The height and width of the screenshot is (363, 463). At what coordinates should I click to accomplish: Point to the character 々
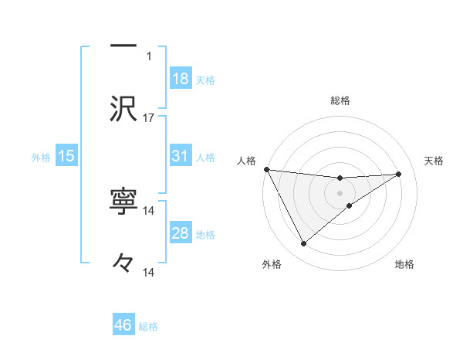[x=123, y=263]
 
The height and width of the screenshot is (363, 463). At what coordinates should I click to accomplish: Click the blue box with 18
[x=180, y=79]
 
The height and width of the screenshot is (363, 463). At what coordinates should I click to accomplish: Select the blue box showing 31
[x=180, y=157]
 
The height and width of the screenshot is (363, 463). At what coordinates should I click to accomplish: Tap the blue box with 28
[x=180, y=233]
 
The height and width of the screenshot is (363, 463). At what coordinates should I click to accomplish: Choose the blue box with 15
[x=66, y=157]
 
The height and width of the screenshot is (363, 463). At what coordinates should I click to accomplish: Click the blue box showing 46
[x=123, y=325]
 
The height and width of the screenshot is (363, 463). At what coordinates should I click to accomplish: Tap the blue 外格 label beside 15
[x=41, y=158]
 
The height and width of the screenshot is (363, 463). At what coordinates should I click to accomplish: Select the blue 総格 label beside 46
[x=148, y=327]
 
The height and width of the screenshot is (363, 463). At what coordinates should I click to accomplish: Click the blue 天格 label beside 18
[x=205, y=80]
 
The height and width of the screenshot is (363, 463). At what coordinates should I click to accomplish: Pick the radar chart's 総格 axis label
[x=340, y=100]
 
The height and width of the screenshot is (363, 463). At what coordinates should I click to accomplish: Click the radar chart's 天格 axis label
[x=434, y=161]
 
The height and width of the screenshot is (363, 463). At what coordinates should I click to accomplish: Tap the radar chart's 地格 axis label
[x=404, y=264]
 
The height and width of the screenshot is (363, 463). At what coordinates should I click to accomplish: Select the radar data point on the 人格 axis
[x=266, y=169]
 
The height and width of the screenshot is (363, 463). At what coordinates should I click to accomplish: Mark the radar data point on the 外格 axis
[x=303, y=244]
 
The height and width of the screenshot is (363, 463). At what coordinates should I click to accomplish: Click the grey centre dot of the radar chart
[x=340, y=192]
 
